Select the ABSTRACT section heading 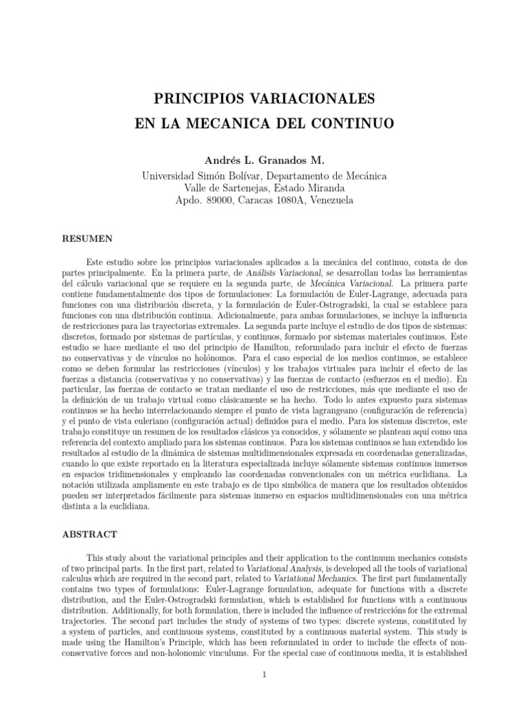89,533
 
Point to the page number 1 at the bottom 263,675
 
